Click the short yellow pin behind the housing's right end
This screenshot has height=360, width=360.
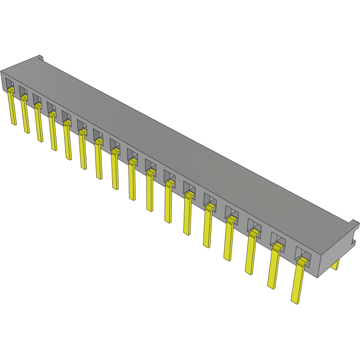(x=335, y=264)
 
